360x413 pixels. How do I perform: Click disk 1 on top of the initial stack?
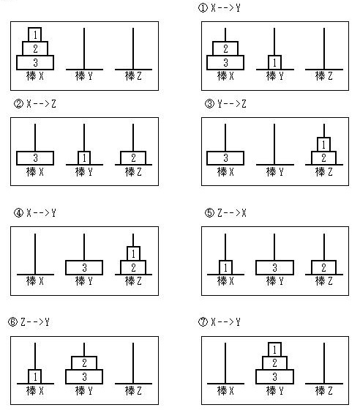coord(34,34)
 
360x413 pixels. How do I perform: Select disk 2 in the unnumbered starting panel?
coord(35,48)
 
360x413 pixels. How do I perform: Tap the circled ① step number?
coord(203,7)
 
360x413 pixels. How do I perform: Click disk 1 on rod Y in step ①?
coord(274,62)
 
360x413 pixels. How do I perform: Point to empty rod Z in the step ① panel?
coord(324,49)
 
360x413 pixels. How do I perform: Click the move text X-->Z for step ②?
coord(41,104)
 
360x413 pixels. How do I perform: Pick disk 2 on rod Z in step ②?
coord(133,157)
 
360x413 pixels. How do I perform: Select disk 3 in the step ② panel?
coord(35,158)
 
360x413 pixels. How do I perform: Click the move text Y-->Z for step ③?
coord(232,104)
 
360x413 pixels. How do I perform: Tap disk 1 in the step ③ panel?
coord(323,144)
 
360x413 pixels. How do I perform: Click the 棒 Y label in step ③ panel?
coord(274,172)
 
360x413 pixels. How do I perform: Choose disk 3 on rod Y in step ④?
coord(84,267)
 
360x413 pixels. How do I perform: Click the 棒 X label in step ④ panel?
coord(34,281)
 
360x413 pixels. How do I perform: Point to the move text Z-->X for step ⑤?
coord(232,213)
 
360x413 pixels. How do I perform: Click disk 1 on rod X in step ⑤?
coord(225,267)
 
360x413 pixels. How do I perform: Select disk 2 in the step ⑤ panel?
coord(323,267)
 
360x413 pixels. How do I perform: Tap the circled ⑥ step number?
coord(12,322)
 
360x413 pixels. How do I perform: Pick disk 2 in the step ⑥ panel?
coord(84,362)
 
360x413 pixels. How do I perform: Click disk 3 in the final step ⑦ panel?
coord(274,376)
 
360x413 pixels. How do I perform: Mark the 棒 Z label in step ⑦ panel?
coord(324,390)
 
